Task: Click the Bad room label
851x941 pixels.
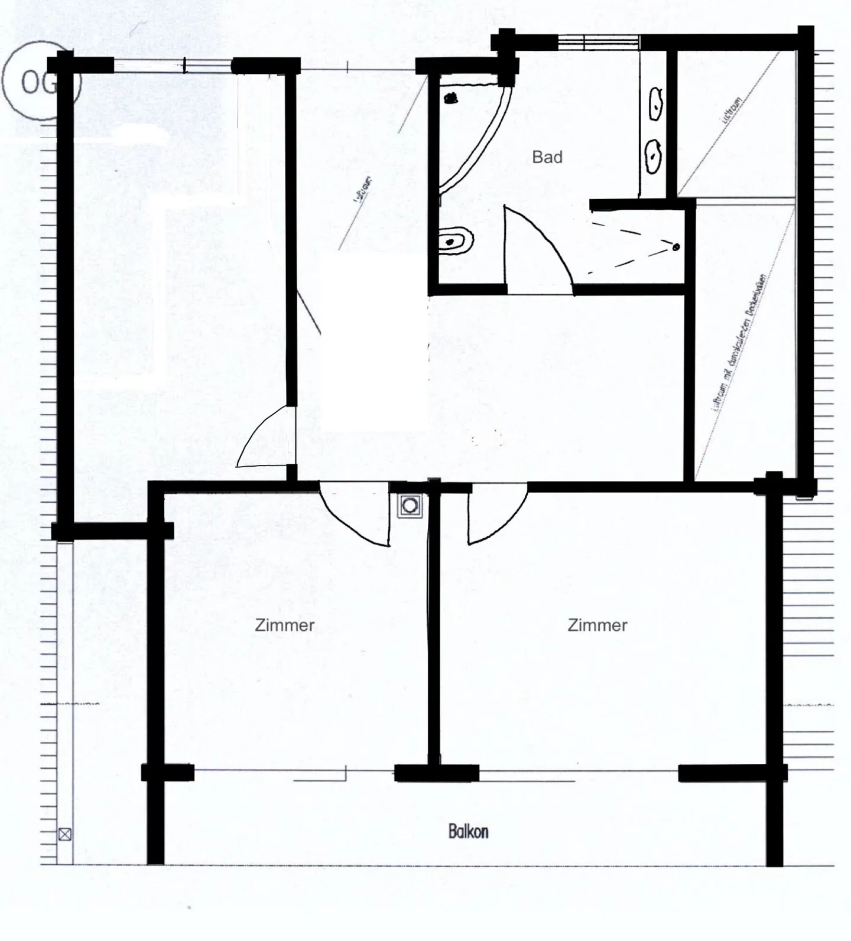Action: (x=547, y=157)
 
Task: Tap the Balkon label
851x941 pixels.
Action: (x=468, y=832)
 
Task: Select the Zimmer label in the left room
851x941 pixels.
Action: (x=284, y=625)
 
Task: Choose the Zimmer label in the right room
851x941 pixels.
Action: (x=597, y=625)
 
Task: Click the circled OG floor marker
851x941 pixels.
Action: (x=37, y=82)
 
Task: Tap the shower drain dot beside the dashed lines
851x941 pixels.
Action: (x=676, y=246)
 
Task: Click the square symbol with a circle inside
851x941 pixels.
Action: (x=410, y=506)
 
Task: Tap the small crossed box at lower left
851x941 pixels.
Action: (x=65, y=834)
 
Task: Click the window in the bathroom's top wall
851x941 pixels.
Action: (x=599, y=42)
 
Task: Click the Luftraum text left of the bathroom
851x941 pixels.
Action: (x=362, y=190)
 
